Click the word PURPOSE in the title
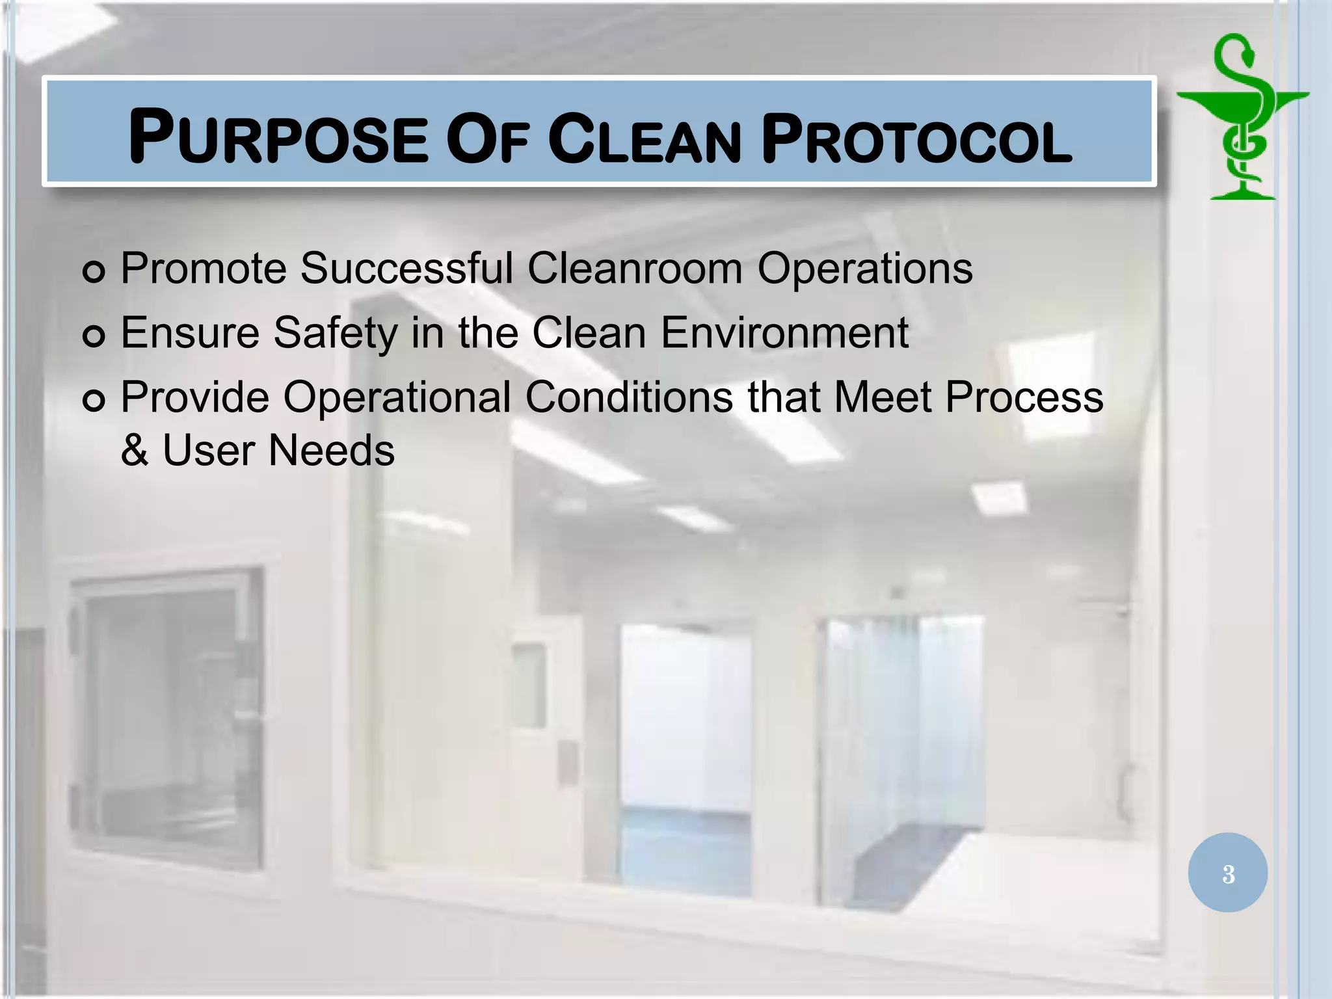(x=278, y=137)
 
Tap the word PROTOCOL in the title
(x=916, y=139)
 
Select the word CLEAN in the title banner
(x=645, y=139)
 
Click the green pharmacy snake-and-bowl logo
(x=1243, y=117)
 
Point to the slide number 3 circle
(x=1227, y=873)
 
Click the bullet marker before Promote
(x=94, y=271)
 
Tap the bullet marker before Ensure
(x=94, y=336)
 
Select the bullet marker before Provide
(x=94, y=400)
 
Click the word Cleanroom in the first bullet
(x=634, y=268)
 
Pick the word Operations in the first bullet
(x=864, y=268)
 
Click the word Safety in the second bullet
(x=335, y=333)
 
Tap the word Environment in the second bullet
(x=784, y=333)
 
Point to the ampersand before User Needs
(x=135, y=450)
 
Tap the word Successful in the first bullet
(x=406, y=268)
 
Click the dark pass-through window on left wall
(x=168, y=715)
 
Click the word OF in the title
(x=488, y=139)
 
